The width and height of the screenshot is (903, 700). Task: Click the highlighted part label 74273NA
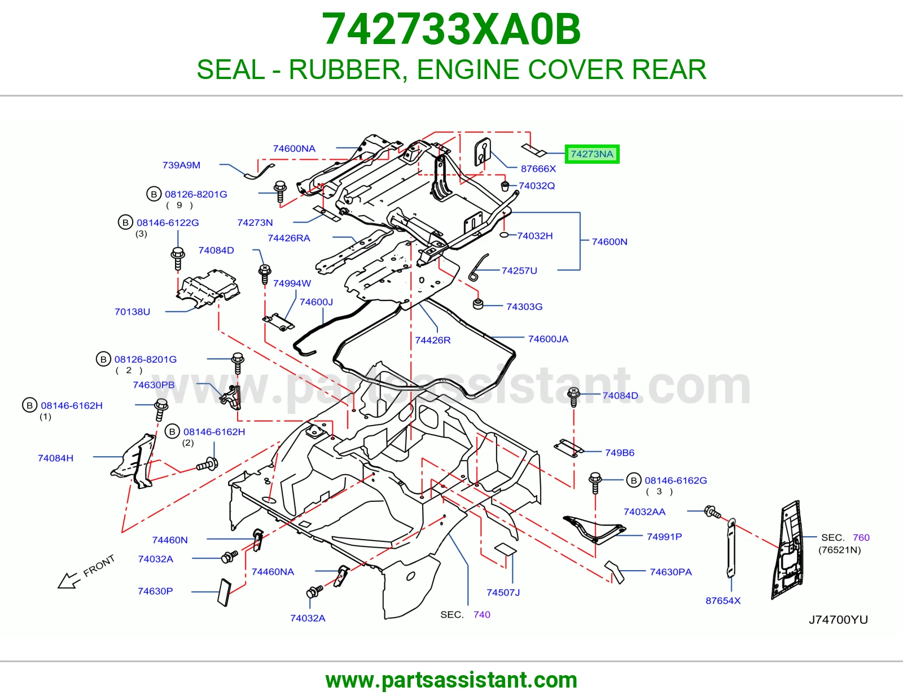(592, 154)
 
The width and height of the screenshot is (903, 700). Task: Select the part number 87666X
(538, 169)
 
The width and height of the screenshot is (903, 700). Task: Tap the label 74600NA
(294, 148)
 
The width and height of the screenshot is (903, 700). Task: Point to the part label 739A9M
(181, 165)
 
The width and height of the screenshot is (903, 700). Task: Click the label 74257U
(519, 270)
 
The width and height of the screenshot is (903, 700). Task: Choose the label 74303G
(524, 307)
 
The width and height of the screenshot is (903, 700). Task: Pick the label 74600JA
(548, 339)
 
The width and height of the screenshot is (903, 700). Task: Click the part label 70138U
(132, 312)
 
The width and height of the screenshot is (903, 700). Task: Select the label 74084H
(56, 458)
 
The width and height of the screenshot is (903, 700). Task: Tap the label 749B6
(620, 453)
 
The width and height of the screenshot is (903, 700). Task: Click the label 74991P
(664, 537)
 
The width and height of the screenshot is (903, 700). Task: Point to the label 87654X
(723, 601)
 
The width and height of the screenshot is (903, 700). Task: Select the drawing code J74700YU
(838, 620)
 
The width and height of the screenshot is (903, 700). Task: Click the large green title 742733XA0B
(451, 29)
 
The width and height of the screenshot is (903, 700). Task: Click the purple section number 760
(861, 537)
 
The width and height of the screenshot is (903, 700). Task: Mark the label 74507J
(503, 592)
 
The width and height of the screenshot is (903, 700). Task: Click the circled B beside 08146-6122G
(125, 222)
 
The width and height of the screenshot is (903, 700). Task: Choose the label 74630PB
(154, 385)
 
